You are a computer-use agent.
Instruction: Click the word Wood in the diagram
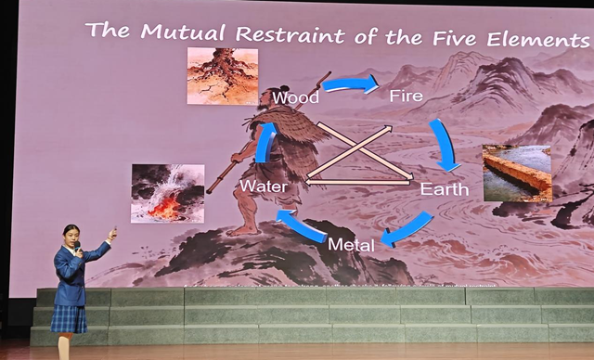[x=296, y=96]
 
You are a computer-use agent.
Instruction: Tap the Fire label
[x=407, y=96]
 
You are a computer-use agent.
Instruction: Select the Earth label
[x=445, y=189]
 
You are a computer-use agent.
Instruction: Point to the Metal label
[x=352, y=245]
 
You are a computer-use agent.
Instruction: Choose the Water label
[x=263, y=186]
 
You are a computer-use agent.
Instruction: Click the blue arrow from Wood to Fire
[x=350, y=84]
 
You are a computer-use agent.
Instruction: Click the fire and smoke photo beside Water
[x=167, y=193]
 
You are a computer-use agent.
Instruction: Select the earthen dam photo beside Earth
[x=517, y=174]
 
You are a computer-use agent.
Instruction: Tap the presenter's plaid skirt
[x=69, y=318]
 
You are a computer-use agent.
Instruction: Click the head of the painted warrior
[x=268, y=96]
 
